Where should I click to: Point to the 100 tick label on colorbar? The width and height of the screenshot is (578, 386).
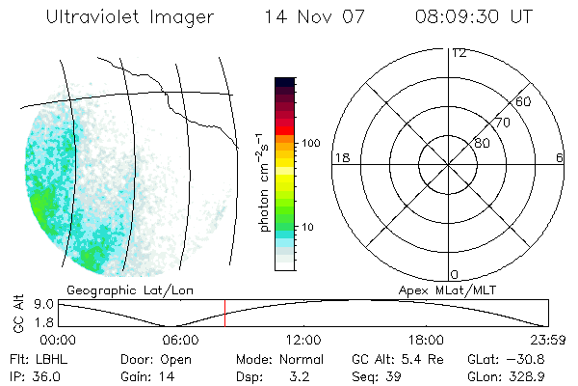pos(309,143)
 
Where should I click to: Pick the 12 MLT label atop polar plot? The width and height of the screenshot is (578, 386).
pos(459,53)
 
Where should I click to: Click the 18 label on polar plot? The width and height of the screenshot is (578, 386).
pos(341,156)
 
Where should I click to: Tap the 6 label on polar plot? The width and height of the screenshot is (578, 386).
pos(560,156)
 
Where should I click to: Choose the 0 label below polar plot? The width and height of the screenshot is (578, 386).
pos(455,275)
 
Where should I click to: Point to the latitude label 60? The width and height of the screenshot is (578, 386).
pos(524,101)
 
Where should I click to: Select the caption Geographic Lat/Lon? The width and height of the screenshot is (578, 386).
pos(118,289)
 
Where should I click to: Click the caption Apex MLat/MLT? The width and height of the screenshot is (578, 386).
pos(445,289)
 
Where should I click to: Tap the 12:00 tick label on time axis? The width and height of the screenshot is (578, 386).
pos(303,341)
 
